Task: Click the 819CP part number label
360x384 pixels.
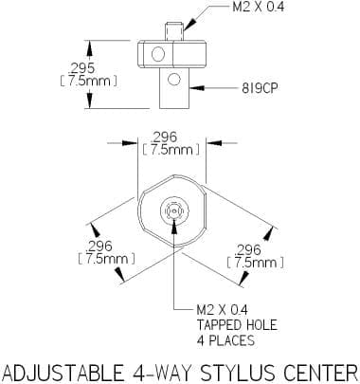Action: click(261, 88)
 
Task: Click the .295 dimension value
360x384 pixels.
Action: click(81, 68)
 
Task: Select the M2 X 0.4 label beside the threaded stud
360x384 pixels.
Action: click(258, 7)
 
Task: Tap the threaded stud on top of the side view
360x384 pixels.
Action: click(174, 31)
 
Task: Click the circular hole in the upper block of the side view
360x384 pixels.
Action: click(158, 54)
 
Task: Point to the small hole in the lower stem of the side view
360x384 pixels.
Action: click(174, 80)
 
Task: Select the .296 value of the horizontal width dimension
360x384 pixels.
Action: click(164, 137)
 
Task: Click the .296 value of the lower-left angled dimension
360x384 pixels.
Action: click(99, 247)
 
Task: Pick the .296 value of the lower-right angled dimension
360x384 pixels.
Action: click(248, 250)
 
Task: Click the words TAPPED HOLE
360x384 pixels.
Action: click(237, 325)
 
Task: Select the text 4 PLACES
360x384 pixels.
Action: click(225, 340)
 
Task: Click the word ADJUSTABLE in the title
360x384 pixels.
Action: click(63, 373)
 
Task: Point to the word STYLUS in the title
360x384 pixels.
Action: click(238, 373)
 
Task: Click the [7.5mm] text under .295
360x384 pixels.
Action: click(89, 82)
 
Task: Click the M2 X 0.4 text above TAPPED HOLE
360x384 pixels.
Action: click(223, 310)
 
